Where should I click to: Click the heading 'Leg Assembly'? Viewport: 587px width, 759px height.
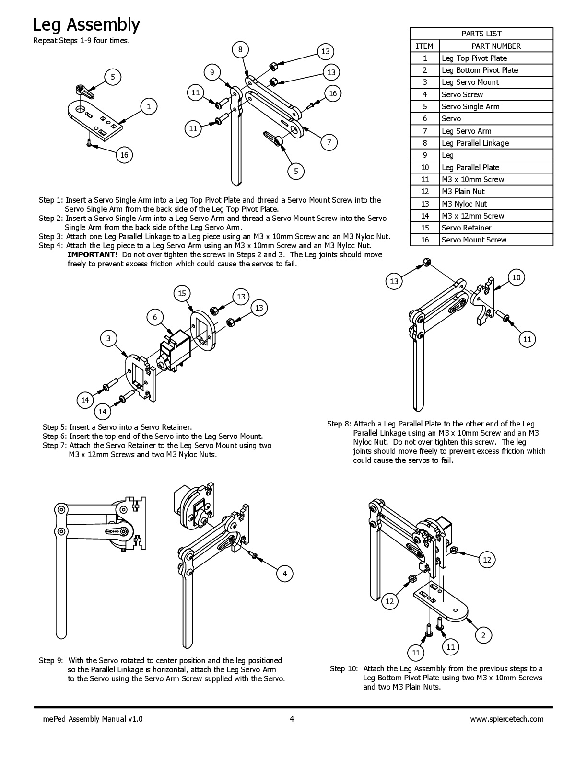coord(86,24)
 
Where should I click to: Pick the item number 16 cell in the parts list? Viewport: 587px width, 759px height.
coord(424,240)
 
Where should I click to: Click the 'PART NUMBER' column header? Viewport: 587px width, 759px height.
coord(496,46)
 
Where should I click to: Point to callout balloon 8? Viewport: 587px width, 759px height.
coord(240,49)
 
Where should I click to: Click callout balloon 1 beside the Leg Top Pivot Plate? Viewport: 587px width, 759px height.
coord(149,106)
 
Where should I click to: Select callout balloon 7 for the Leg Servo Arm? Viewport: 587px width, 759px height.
coord(329,142)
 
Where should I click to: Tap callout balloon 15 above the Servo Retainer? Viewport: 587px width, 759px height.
coord(182,293)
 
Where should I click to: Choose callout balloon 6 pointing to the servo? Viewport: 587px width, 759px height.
coord(155,317)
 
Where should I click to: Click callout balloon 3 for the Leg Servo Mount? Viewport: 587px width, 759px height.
coord(108,338)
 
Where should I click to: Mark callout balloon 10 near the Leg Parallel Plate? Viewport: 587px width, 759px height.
coord(516,277)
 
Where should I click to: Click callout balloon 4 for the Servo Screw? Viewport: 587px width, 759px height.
coord(284,574)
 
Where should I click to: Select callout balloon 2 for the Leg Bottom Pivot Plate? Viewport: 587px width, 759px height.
coord(483,635)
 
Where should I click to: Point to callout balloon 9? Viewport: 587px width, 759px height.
coord(212,72)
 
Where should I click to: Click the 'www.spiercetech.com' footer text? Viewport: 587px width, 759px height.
coord(507,719)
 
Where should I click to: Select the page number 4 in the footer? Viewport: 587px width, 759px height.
coord(292,719)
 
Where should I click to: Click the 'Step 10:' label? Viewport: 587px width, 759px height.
coord(344,668)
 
